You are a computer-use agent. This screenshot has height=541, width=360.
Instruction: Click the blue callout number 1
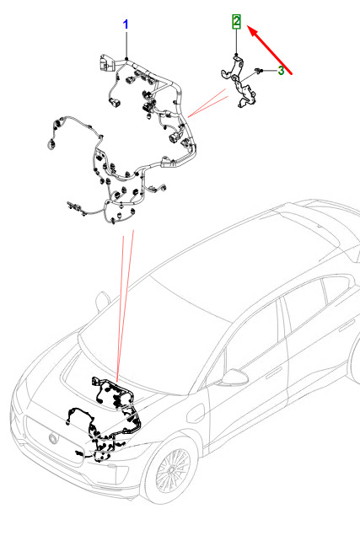click(126, 24)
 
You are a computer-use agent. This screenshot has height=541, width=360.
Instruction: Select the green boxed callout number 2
click(236, 21)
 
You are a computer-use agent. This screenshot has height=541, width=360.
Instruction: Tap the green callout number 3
click(281, 71)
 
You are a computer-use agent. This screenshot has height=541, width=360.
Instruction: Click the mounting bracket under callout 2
click(239, 82)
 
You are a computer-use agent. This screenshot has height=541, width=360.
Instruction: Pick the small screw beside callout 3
click(259, 71)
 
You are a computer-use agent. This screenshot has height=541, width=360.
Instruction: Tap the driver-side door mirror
click(234, 378)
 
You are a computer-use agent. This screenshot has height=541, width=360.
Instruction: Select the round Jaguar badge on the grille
click(54, 438)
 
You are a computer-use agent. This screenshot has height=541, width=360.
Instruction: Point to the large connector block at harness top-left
click(106, 63)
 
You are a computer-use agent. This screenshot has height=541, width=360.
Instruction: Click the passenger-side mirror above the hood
click(102, 301)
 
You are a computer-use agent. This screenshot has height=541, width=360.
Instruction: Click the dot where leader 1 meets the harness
click(126, 59)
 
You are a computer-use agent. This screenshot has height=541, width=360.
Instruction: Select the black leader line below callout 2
click(236, 41)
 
